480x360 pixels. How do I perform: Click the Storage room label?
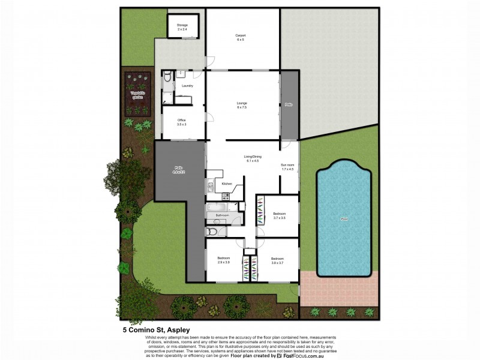tap(182, 27)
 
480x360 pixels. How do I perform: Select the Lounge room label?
tap(242, 105)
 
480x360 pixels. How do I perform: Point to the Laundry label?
tap(187, 86)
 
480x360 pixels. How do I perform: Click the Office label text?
tap(181, 122)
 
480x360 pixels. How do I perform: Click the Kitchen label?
tap(227, 184)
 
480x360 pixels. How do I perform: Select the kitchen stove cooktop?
tap(226, 196)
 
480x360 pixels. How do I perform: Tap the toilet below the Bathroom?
tap(211, 231)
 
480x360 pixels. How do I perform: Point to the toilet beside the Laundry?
tap(167, 79)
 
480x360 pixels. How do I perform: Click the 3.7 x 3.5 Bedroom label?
tap(280, 215)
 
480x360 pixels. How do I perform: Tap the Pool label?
tap(344, 218)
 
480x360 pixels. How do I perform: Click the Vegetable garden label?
tap(138, 95)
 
